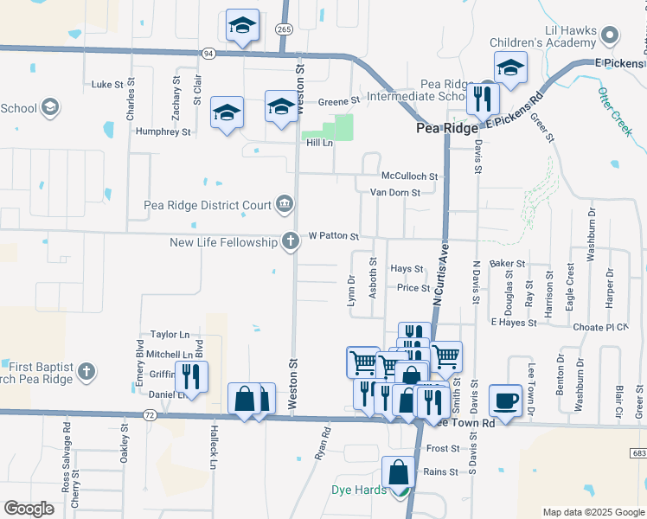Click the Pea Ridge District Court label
tap(207, 205)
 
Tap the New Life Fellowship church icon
tap(291, 242)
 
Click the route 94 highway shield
tap(208, 54)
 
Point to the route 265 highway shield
tap(285, 29)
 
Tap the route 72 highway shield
tap(151, 416)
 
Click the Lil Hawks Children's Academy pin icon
tap(611, 35)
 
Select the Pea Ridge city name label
tap(446, 128)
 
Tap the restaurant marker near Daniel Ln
tap(190, 377)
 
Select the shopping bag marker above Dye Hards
tap(398, 473)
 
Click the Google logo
tap(29, 509)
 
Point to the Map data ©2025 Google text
tap(593, 512)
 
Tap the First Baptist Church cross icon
tap(85, 372)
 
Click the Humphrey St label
tap(163, 132)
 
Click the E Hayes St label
tap(515, 323)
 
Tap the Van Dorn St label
tap(394, 192)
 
